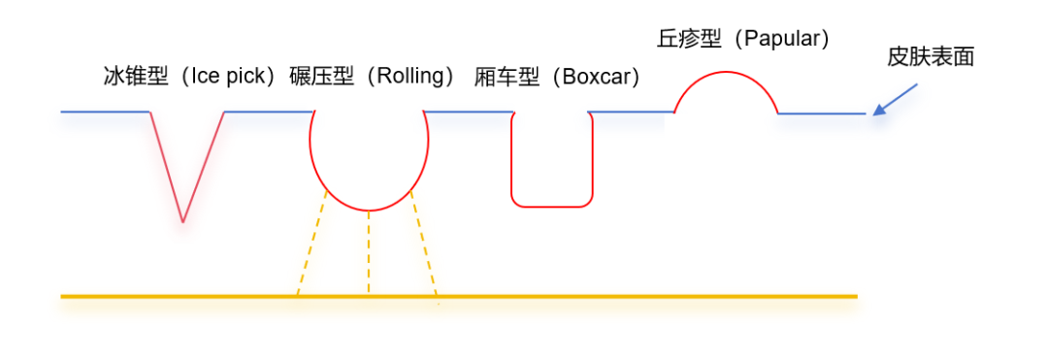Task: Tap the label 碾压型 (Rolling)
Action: click(373, 77)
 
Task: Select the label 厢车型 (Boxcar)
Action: click(558, 77)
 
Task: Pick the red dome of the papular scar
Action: click(726, 73)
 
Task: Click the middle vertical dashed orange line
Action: click(369, 252)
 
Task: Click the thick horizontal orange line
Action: click(582, 295)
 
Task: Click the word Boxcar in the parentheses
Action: click(596, 77)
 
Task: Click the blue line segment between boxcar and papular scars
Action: click(631, 112)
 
